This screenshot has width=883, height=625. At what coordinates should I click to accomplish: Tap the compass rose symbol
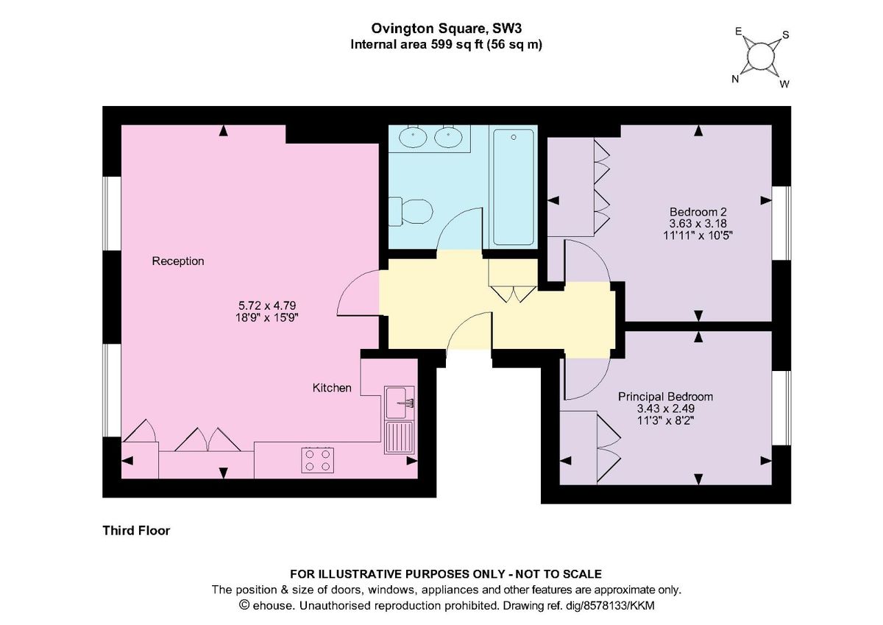click(761, 57)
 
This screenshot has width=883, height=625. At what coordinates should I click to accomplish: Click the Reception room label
click(178, 261)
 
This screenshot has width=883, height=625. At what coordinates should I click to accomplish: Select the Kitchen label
click(332, 388)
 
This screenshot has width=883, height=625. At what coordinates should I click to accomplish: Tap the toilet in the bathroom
click(411, 211)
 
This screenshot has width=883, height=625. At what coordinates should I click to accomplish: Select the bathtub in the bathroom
click(513, 187)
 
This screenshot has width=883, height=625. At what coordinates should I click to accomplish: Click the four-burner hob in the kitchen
click(316, 460)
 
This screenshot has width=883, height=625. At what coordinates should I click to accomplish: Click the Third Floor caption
click(136, 530)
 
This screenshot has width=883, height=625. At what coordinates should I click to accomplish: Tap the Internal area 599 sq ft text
click(446, 44)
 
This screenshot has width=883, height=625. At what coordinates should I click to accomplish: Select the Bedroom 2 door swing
click(586, 261)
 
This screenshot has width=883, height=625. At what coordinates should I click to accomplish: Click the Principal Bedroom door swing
click(586, 377)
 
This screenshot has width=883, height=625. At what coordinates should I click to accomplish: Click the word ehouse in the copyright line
click(272, 606)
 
